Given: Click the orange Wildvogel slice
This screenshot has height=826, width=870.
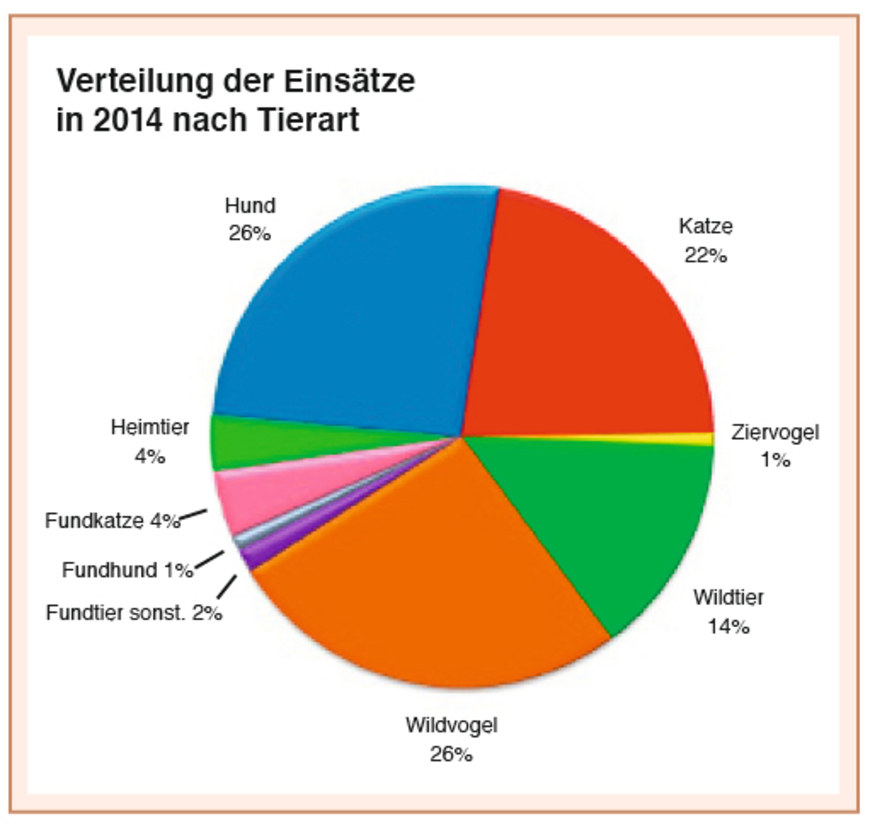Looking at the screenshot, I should (431, 586).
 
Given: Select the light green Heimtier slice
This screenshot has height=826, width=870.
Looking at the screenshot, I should (282, 443).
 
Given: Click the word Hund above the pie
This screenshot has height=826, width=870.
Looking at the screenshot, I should (250, 206).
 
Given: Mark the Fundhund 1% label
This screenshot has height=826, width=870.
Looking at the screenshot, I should (128, 570).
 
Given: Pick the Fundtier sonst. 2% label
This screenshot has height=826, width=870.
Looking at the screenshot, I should (134, 613).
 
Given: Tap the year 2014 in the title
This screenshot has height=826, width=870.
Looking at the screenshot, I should (128, 120).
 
